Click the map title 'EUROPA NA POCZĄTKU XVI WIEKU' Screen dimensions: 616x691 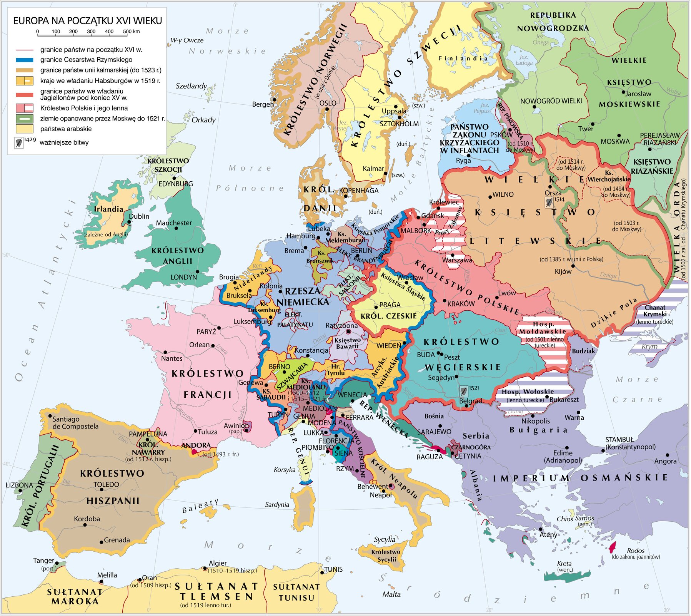pos(87,21)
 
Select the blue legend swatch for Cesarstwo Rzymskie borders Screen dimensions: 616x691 pos(24,60)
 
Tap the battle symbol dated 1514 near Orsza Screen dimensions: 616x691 pos(549,202)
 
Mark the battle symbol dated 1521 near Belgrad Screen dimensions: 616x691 pos(464,391)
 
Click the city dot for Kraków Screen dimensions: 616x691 pos(445,300)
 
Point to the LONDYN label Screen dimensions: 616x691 pos(183,277)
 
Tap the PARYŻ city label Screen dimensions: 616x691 pos(206,331)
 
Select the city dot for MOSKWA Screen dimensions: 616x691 pos(619,136)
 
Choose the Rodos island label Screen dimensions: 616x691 pos(635,551)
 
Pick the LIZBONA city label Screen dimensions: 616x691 pos(19,485)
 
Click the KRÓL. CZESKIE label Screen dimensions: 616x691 pos(388,316)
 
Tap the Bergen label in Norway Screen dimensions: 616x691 pos(263,104)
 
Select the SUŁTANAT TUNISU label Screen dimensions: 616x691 pos(296,592)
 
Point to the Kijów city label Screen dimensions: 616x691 pos(563,271)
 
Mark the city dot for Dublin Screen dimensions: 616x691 pos(128,222)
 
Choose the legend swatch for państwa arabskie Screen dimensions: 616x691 pos(24,129)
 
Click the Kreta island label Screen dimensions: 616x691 pos(564,564)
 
